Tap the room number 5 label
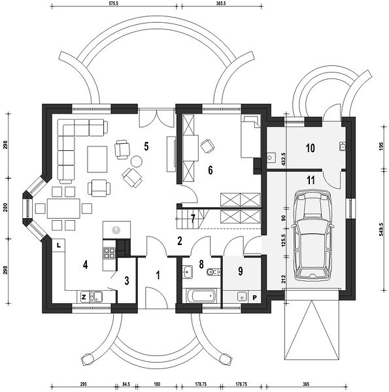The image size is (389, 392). click(x=146, y=146)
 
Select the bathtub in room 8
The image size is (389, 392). click(x=201, y=295)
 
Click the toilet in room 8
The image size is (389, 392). click(x=214, y=272)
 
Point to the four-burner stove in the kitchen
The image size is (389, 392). click(x=109, y=252)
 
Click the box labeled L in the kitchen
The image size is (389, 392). click(x=59, y=245)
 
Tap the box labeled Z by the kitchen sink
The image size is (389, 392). click(x=84, y=297)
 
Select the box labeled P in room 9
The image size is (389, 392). click(x=255, y=297)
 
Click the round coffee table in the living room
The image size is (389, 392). click(x=137, y=161)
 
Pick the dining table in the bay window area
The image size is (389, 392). click(x=63, y=208)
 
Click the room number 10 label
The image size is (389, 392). click(x=310, y=148)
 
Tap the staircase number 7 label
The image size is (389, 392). click(x=193, y=219)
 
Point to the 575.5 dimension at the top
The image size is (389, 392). click(x=114, y=5)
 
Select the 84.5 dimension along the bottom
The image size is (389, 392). click(x=126, y=384)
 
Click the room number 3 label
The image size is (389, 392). click(x=127, y=281)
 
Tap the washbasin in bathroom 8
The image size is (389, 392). click(x=188, y=272)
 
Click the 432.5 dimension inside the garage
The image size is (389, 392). click(x=284, y=158)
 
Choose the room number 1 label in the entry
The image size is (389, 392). click(x=158, y=275)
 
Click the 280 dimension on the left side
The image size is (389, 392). click(x=6, y=208)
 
